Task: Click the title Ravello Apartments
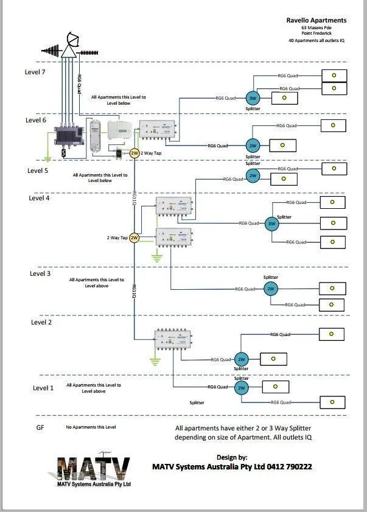[316, 20]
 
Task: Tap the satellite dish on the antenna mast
[72, 41]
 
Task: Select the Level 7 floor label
[35, 72]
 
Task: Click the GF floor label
[40, 429]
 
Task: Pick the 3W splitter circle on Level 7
[253, 99]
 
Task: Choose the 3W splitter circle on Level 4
[271, 224]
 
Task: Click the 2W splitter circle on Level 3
[271, 289]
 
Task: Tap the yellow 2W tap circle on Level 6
[135, 153]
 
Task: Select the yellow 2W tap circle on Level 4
[135, 237]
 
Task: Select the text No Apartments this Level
[91, 427]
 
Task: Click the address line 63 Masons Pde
[316, 28]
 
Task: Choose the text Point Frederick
[316, 34]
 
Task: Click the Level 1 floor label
[43, 388]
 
